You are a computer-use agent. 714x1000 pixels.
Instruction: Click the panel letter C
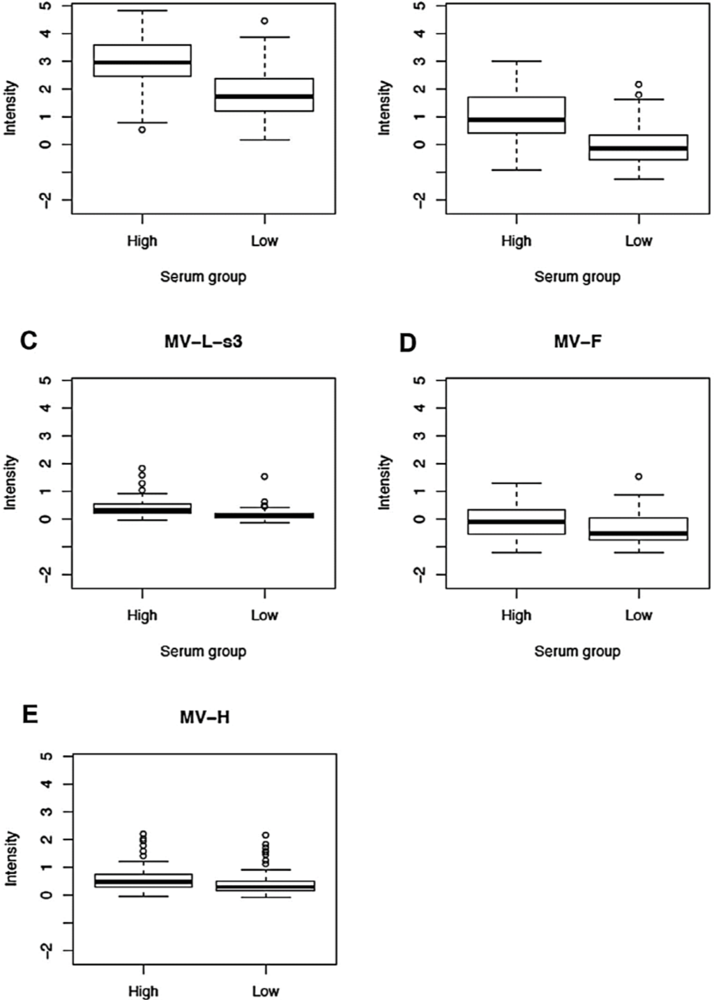click(x=29, y=341)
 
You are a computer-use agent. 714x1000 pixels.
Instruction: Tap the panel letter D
click(x=407, y=342)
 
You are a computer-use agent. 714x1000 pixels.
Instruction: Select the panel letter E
click(x=29, y=715)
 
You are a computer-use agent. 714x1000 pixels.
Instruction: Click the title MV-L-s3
click(x=204, y=342)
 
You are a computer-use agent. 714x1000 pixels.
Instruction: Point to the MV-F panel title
click(x=577, y=342)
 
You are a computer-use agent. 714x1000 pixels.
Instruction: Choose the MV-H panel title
click(x=204, y=717)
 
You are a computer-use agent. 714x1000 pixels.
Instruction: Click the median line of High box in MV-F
click(x=516, y=521)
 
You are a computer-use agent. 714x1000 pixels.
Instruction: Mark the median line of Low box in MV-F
click(x=638, y=533)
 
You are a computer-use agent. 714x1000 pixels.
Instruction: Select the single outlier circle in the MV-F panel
click(x=639, y=477)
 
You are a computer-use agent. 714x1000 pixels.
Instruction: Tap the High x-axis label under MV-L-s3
click(x=142, y=615)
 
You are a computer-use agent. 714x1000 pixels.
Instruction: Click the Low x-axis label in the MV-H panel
click(x=265, y=991)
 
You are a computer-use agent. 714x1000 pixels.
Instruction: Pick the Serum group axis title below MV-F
click(x=577, y=651)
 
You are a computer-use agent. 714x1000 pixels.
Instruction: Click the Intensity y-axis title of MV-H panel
click(x=11, y=858)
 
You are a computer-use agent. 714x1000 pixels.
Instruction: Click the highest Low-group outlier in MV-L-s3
click(x=265, y=477)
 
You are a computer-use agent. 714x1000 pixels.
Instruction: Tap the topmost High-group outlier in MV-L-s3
click(x=142, y=469)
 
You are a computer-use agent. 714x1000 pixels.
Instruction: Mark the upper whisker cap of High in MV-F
click(x=516, y=483)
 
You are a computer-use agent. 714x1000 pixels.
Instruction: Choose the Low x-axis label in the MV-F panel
click(x=638, y=615)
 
